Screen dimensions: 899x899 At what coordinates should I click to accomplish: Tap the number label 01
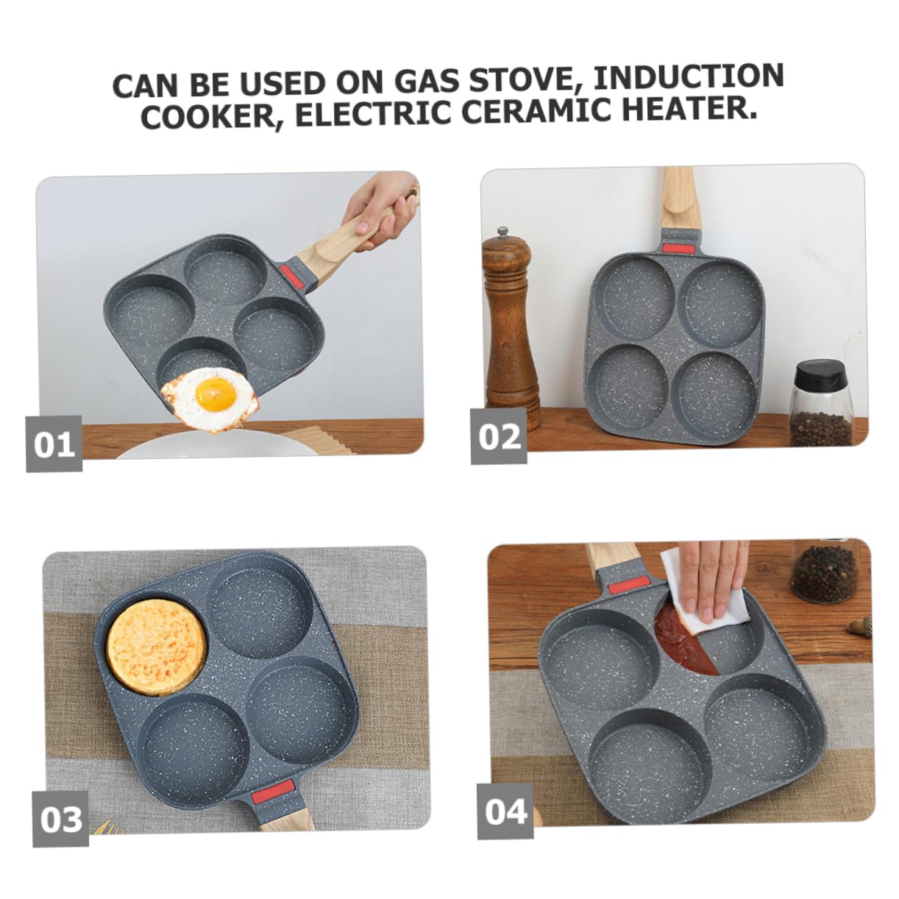click(x=54, y=444)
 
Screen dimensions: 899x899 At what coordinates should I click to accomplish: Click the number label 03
click(x=60, y=818)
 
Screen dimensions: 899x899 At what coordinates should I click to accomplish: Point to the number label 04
click(x=505, y=811)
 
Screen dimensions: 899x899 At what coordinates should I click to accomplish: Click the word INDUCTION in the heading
click(x=688, y=78)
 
